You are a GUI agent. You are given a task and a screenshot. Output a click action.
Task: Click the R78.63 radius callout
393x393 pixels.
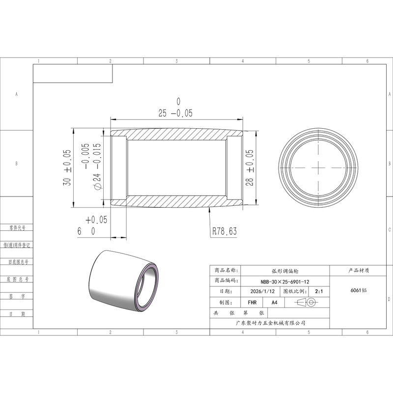click(225, 231)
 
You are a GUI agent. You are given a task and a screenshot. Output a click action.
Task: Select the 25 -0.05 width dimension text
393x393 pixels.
click(175, 113)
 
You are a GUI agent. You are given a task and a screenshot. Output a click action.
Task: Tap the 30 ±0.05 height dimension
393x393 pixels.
click(67, 168)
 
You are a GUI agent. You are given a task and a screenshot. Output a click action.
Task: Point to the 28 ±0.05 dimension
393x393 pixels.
click(250, 168)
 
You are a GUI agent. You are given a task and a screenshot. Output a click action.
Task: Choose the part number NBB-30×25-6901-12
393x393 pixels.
click(285, 281)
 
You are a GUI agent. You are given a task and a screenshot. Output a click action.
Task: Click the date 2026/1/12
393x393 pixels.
click(262, 291)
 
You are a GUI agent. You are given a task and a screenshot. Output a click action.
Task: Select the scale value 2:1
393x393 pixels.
click(319, 291)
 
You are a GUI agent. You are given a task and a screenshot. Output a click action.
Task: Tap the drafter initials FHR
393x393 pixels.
click(252, 303)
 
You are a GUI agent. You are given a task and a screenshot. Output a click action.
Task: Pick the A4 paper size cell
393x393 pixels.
click(275, 303)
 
